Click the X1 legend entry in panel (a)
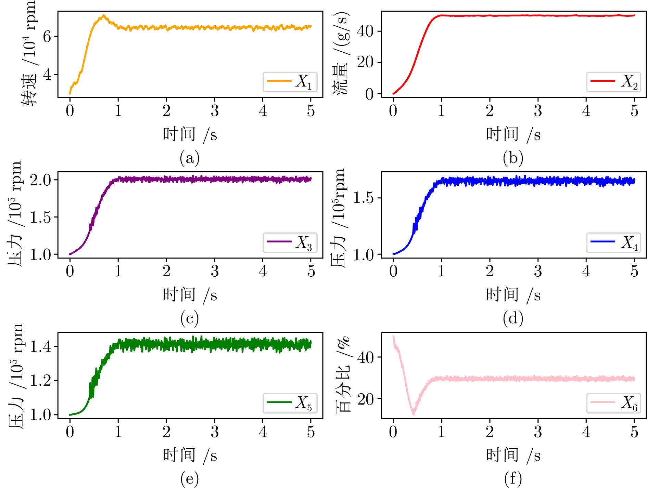[290, 82]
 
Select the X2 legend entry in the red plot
[614, 82]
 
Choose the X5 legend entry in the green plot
[290, 403]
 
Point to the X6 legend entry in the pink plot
[614, 403]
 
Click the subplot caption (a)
[189, 158]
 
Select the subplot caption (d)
[513, 318]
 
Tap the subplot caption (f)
[513, 478]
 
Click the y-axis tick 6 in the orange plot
[47, 37]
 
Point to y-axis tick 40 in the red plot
[365, 31]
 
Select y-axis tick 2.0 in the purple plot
[40, 180]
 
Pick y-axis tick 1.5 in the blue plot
[363, 198]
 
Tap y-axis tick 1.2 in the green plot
[40, 381]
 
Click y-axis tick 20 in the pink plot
[365, 399]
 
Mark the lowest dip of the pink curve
[414, 414]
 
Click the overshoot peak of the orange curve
[103, 16]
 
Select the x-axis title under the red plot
[513, 134]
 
